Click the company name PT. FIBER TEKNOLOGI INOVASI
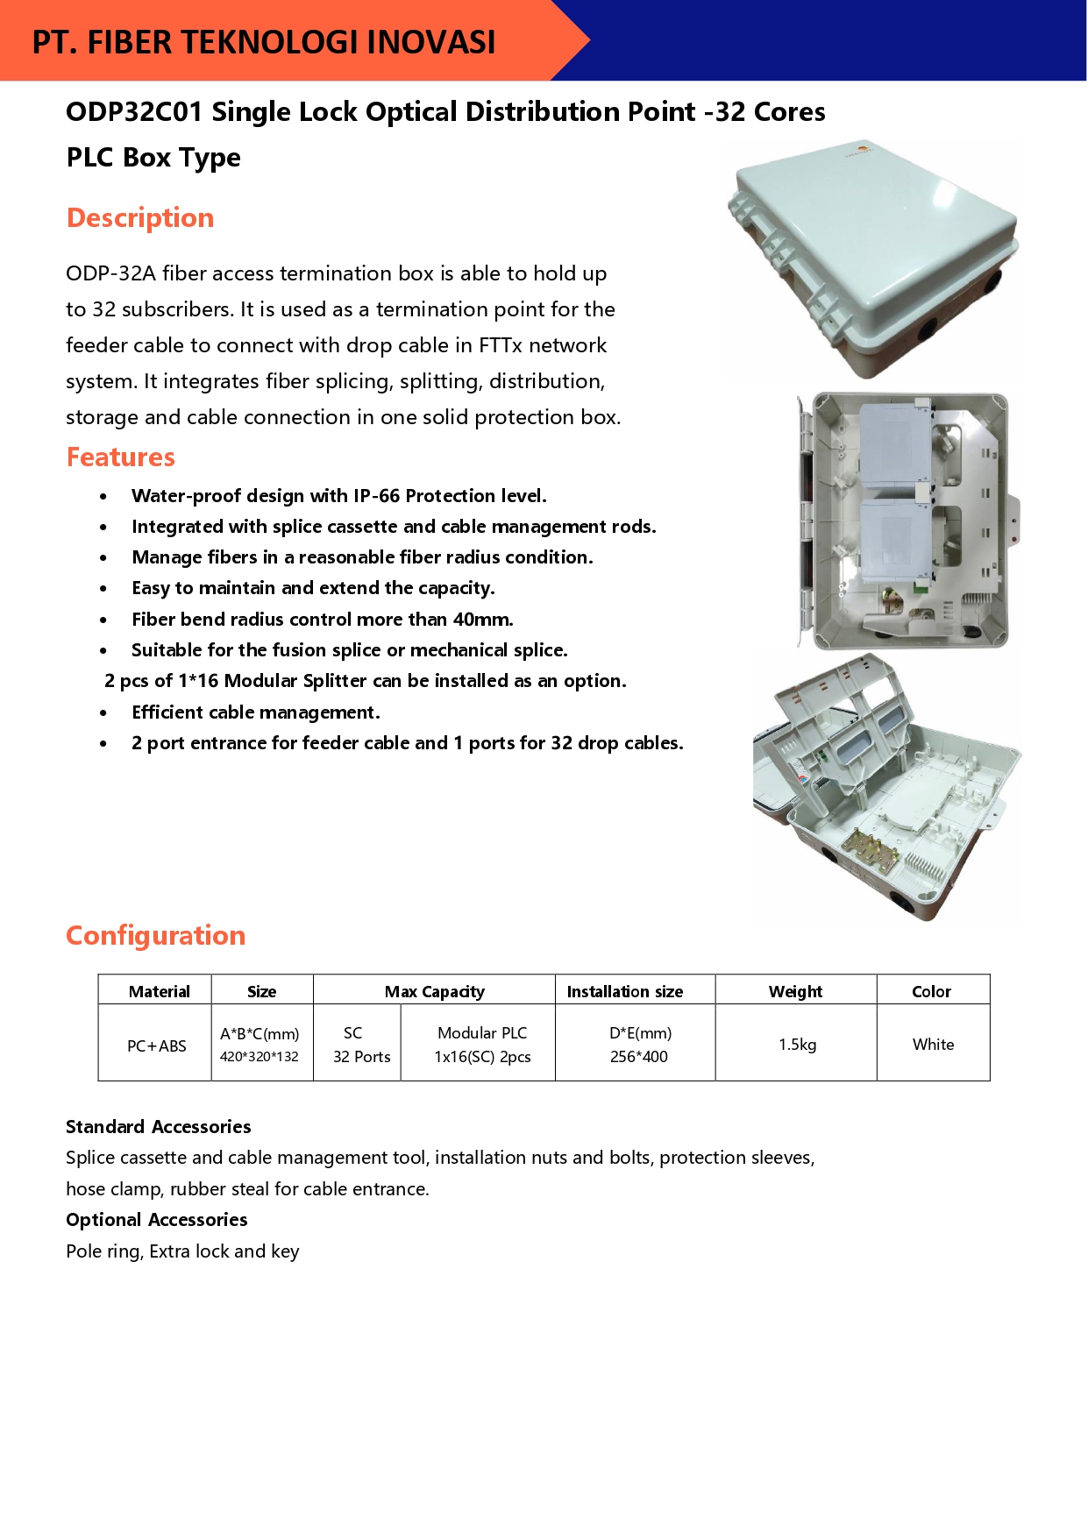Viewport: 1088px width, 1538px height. (x=264, y=42)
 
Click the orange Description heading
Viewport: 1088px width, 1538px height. (x=140, y=217)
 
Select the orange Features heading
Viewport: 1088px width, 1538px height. (x=121, y=457)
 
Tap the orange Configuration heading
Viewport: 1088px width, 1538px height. (x=156, y=936)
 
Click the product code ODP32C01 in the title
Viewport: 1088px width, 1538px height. (x=134, y=111)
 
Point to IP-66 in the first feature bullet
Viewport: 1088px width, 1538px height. (x=377, y=496)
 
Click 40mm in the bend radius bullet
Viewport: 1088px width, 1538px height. (x=483, y=620)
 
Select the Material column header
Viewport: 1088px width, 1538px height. (x=159, y=991)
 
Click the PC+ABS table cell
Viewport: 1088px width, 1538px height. (x=157, y=1045)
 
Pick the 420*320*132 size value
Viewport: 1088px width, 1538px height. (x=260, y=1057)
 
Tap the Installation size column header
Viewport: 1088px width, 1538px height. (x=625, y=991)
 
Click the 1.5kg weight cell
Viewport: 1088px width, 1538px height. (x=798, y=1045)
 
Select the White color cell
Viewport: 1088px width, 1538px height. (x=934, y=1045)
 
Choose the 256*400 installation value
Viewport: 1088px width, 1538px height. (x=639, y=1057)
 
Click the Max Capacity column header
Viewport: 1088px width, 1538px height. (x=435, y=991)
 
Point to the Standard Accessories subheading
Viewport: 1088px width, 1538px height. (x=159, y=1127)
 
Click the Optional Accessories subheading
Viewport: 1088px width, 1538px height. (x=157, y=1220)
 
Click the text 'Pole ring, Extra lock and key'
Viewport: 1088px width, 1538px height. (x=182, y=1251)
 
